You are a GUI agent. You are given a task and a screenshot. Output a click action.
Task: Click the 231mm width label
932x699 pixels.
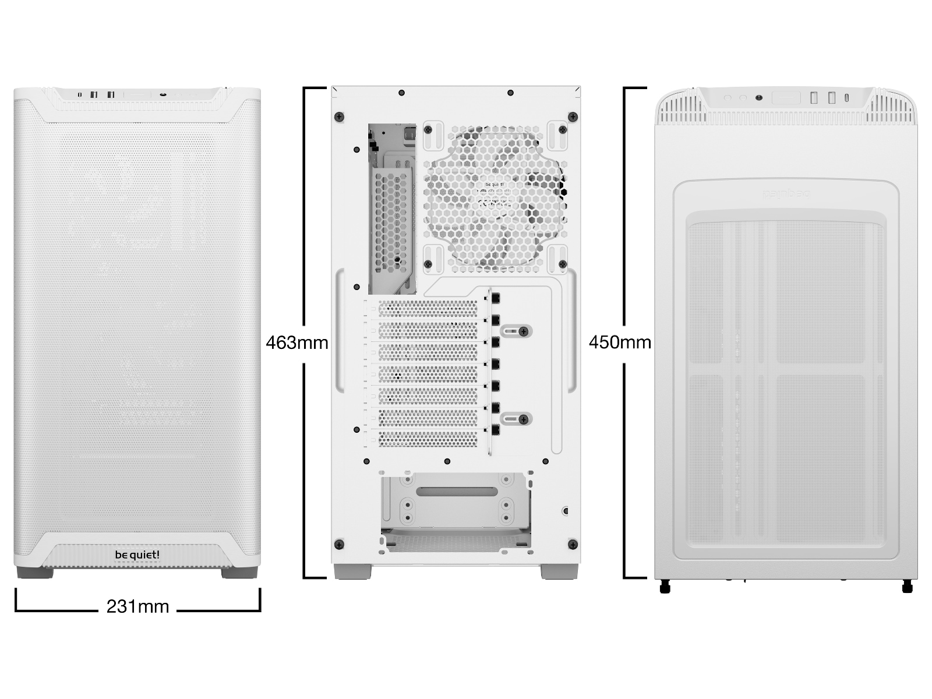(137, 606)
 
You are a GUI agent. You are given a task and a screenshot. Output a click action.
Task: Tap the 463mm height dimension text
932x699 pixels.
(296, 342)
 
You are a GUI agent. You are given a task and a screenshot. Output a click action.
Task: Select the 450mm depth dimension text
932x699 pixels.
(620, 342)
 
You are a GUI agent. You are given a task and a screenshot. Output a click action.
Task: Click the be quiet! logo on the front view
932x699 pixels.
(137, 555)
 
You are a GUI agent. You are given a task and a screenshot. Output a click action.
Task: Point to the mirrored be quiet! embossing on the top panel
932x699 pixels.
(786, 193)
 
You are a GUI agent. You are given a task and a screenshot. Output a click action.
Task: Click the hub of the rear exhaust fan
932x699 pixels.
(495, 195)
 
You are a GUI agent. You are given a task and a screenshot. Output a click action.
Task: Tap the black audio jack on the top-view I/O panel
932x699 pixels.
(758, 98)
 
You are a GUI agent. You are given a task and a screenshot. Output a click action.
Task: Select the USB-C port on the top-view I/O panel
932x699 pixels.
(846, 97)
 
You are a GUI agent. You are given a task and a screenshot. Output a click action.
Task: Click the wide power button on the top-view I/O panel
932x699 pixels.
(786, 98)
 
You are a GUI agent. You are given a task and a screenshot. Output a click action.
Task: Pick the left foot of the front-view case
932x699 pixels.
(35, 573)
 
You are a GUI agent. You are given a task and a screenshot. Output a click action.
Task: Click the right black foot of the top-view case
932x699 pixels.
(907, 587)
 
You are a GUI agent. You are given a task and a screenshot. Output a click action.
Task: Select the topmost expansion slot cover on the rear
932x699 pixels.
(428, 309)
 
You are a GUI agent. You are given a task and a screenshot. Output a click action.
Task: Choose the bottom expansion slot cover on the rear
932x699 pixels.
(428, 438)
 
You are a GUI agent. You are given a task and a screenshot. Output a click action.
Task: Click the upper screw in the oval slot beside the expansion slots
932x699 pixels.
(523, 331)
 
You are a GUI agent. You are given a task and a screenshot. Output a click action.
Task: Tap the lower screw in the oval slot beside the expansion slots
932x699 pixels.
(523, 419)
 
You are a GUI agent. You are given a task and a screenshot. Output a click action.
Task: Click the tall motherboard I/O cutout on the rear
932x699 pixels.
(392, 208)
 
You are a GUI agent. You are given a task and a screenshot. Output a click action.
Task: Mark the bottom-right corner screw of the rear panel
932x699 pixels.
(572, 545)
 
